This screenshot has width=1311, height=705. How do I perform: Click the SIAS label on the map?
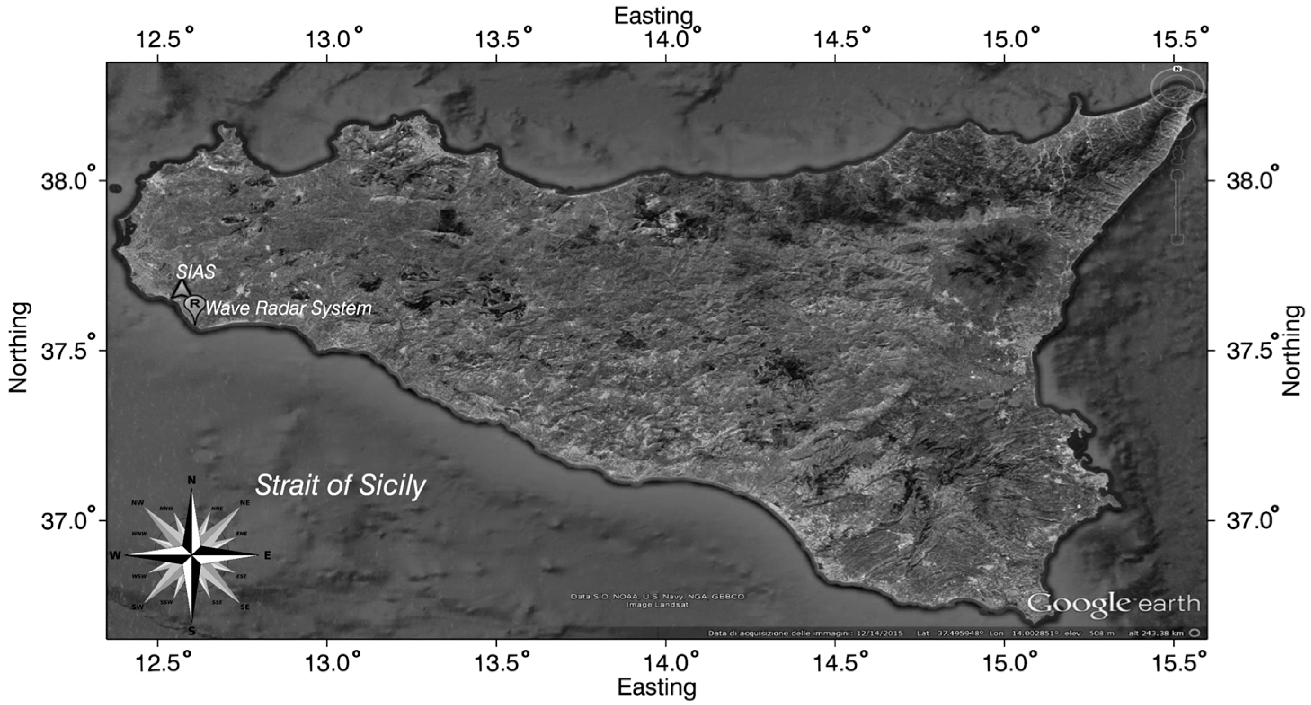click(196, 272)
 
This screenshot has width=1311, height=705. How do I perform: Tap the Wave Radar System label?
click(288, 308)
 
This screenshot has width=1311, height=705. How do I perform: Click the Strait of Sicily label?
click(340, 486)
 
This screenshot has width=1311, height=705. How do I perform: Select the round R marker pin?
click(194, 304)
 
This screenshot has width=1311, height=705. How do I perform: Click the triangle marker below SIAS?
click(180, 289)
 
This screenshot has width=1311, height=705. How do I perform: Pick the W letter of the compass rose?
click(115, 555)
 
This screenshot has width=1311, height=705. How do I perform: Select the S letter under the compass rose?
click(191, 632)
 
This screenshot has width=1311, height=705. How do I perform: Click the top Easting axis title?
click(653, 16)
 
